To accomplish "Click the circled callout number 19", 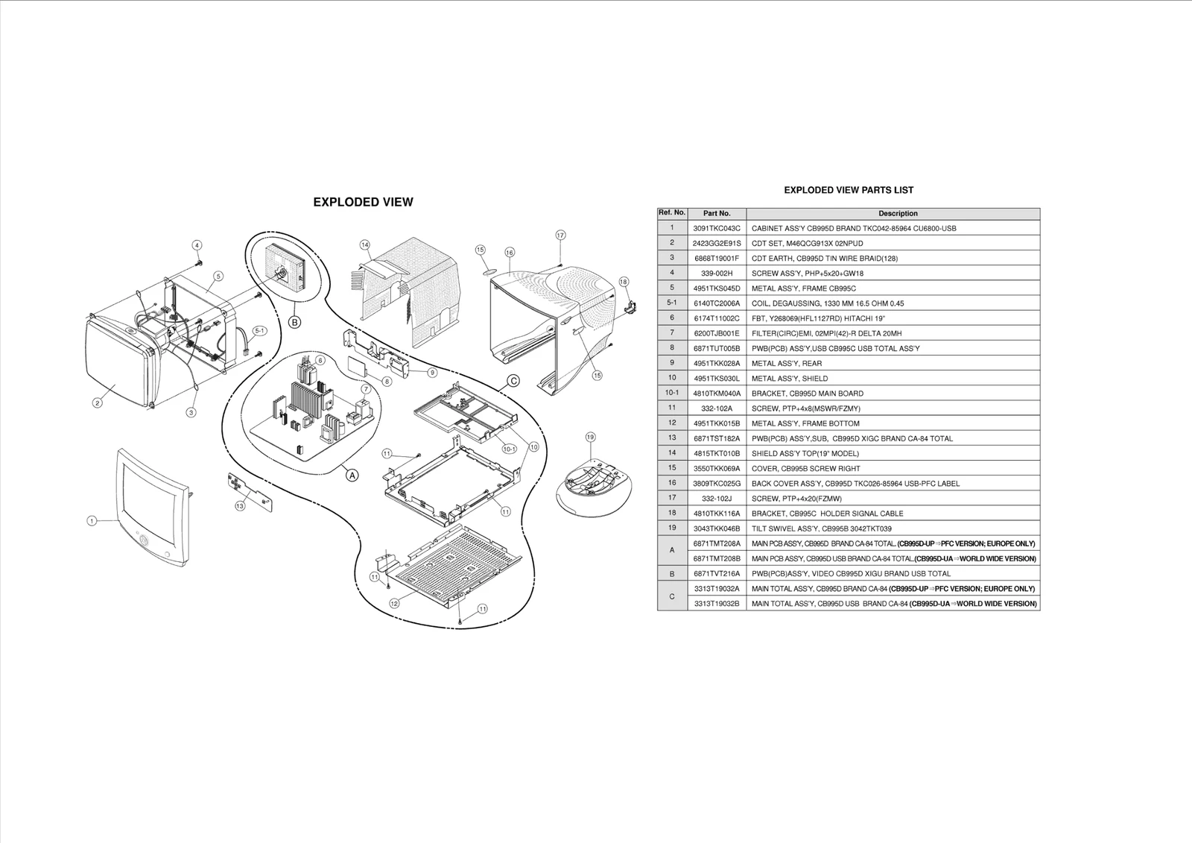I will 590,437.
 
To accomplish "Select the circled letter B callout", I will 295,322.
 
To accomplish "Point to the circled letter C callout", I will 513,381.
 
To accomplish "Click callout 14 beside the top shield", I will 365,244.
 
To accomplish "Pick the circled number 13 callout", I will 240,506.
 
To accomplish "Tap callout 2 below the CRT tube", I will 98,403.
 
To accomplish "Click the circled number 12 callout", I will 394,603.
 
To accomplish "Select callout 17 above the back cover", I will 560,235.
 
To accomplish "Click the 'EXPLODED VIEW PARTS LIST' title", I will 849,190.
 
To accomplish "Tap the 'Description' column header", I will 898,213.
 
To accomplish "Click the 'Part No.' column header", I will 717,213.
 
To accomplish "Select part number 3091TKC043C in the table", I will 717,228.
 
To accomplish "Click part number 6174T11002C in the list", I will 717,318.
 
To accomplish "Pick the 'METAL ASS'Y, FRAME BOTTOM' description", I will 805,423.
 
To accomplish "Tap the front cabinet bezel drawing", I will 152,507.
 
